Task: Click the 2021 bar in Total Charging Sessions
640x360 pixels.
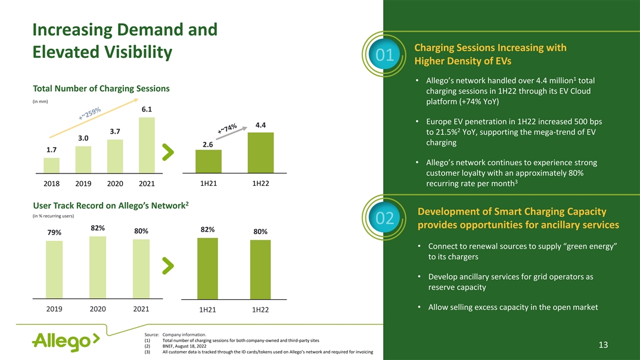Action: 147,144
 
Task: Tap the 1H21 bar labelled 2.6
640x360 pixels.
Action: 208,160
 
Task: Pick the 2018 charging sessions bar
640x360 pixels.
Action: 51,165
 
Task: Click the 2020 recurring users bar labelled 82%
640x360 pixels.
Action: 98,266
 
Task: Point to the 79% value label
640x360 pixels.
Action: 54,232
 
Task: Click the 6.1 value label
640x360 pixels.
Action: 147,110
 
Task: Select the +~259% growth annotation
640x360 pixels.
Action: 90,114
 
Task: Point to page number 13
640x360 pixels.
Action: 602,345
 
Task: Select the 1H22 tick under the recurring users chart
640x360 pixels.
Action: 260,309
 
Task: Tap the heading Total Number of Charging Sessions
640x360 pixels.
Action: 101,89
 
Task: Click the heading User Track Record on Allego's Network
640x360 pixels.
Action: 111,206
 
